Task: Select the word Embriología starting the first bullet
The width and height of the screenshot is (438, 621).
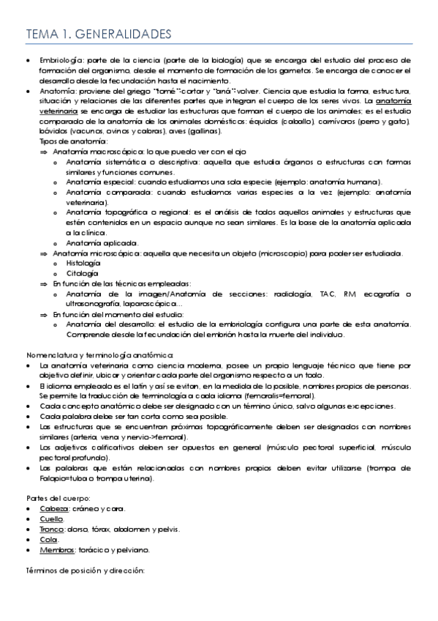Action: (60, 60)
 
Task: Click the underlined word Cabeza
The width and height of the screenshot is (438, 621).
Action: (52, 507)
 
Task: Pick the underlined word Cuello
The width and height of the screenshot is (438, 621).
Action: (50, 518)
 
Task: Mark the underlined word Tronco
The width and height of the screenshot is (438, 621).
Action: (51, 528)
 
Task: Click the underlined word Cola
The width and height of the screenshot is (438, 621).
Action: (47, 538)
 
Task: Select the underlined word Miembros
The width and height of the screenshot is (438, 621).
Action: (56, 549)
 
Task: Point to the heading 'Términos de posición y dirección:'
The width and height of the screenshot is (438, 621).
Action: (85, 569)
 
